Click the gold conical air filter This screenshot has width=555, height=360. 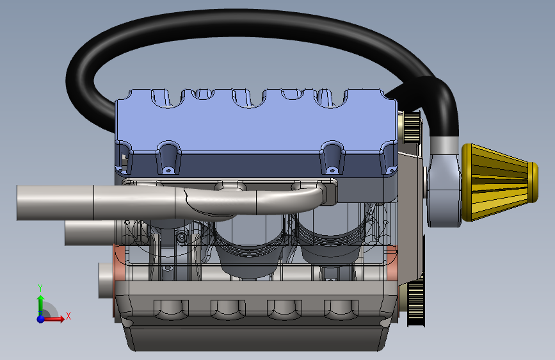point(499,182)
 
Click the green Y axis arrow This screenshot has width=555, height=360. point(41,303)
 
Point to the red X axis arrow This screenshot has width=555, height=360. point(53,319)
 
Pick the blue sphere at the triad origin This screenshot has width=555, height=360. point(41,319)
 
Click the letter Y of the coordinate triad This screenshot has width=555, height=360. point(40,288)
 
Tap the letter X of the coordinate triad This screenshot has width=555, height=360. point(68,316)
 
